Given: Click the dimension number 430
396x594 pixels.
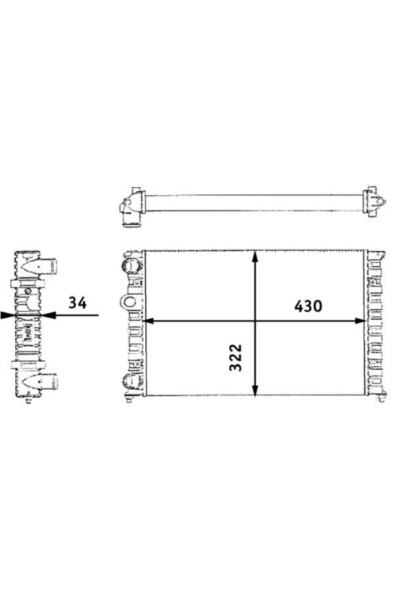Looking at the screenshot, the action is pos(308,306).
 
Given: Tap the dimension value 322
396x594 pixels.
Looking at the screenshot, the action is pos(236,358).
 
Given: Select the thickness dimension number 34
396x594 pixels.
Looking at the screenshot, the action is pos(78,303).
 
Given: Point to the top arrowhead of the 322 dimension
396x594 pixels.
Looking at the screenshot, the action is pos(255,257).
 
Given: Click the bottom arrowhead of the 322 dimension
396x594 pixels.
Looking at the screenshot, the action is pos(255,390).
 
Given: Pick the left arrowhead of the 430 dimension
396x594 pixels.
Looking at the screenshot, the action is pos(150,321).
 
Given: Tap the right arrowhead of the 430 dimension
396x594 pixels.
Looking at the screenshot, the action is pos(359,321).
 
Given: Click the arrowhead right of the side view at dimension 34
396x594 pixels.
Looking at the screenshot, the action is pos(48,314).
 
